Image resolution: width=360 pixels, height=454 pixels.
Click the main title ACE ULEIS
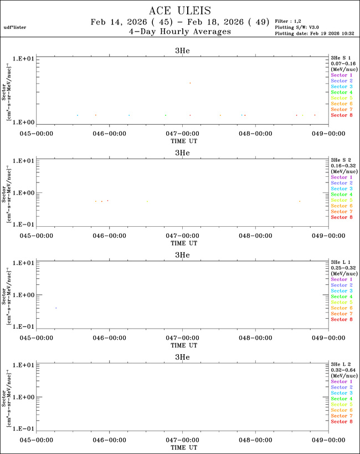180,11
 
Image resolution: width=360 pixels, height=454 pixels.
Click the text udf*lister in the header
15,27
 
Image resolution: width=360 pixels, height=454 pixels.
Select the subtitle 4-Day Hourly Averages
179,32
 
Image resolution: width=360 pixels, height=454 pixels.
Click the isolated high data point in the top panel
190,83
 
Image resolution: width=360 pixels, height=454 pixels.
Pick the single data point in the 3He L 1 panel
56,308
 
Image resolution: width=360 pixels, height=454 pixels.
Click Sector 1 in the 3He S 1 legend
341,75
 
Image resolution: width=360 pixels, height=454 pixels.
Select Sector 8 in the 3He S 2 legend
341,217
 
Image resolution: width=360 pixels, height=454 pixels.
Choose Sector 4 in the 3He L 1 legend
341,297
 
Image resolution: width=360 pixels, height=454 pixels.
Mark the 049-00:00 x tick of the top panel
327,134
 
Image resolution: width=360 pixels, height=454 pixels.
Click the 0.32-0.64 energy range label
341,370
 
